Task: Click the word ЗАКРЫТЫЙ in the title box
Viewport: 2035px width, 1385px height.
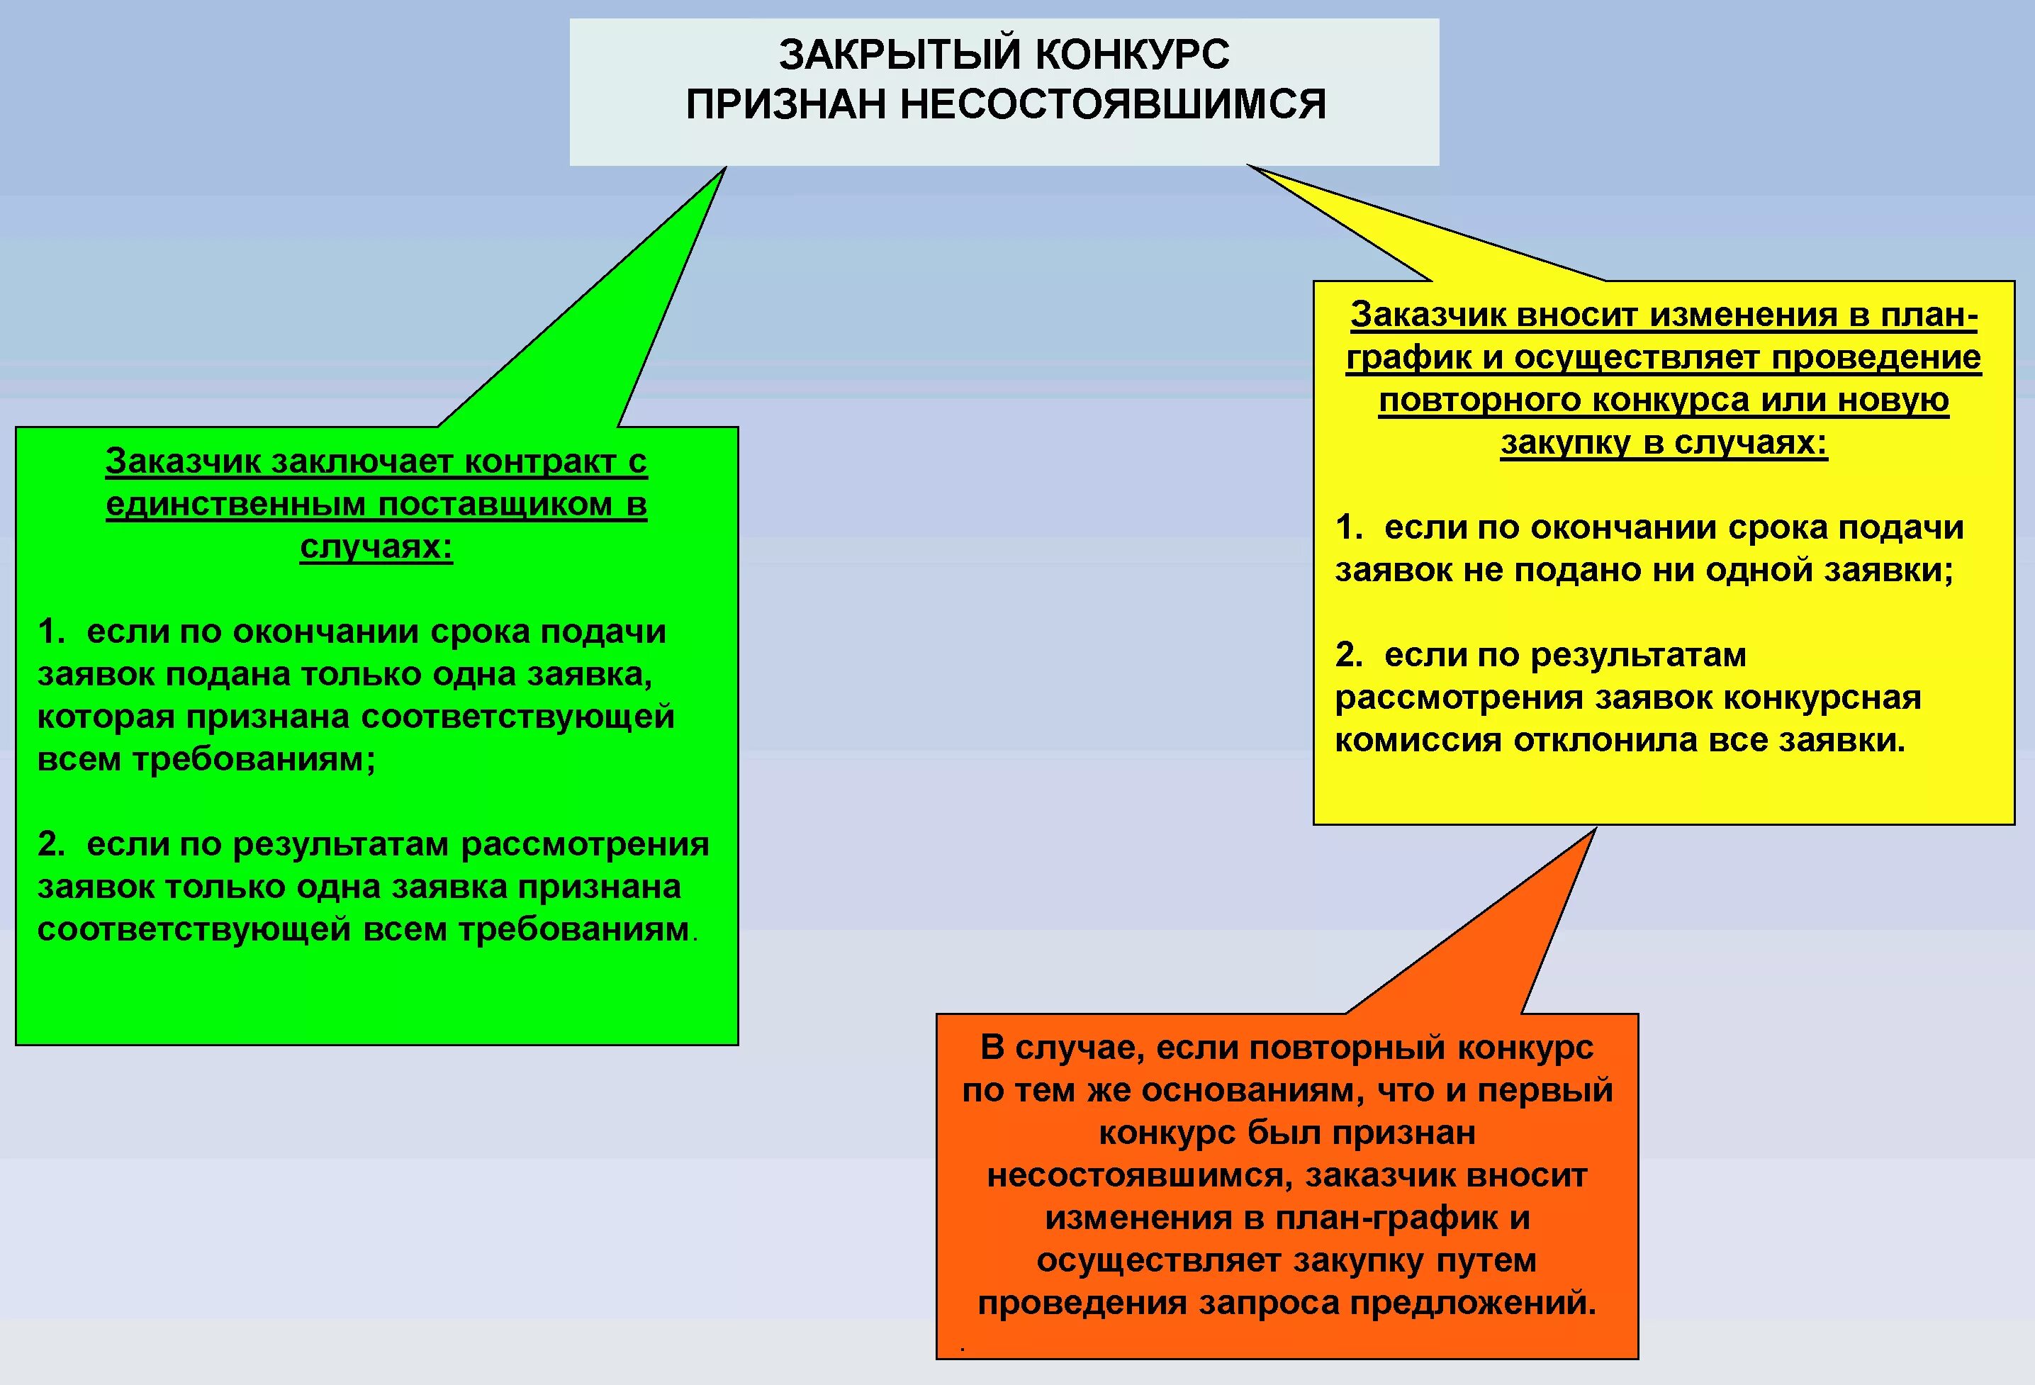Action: pos(899,55)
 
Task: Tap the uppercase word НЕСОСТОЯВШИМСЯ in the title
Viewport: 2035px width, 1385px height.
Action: pos(1112,105)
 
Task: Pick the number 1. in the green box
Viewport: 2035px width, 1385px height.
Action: pos(52,632)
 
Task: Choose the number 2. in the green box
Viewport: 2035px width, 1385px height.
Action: pos(52,845)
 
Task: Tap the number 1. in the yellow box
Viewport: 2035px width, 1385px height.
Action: pos(1348,528)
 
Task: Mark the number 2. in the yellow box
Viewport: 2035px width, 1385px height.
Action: pos(1348,656)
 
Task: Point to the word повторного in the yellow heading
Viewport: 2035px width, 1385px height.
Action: pos(1480,400)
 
